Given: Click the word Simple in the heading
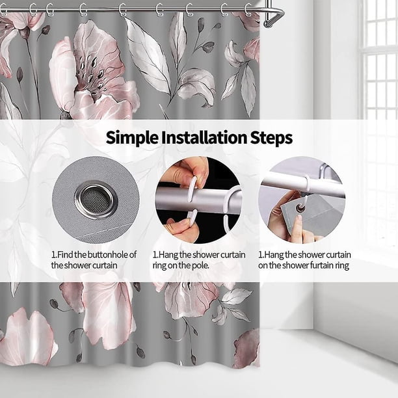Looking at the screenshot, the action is click(x=132, y=138).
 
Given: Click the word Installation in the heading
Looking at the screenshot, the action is click(x=204, y=137).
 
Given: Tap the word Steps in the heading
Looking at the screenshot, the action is click(x=271, y=138).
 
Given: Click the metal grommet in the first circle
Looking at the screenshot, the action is click(x=96, y=199).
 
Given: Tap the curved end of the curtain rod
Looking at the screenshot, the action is click(x=274, y=18).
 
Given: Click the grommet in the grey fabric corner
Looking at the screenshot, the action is click(x=301, y=209).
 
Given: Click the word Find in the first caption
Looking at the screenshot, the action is click(x=66, y=254).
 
